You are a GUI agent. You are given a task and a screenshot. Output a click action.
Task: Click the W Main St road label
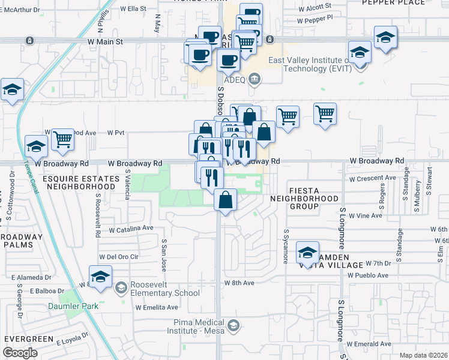pos(105,42)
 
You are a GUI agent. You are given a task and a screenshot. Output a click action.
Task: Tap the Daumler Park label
pos(73,306)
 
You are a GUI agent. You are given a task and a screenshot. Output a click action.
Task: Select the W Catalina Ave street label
pos(131,229)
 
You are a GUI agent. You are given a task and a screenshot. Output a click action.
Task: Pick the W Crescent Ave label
pos(373,178)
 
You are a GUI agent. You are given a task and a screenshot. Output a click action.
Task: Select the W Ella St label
pos(133,9)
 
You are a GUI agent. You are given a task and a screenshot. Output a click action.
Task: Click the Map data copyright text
pos(424,355)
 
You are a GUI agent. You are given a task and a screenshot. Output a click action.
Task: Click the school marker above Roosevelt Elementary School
pos(100,277)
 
